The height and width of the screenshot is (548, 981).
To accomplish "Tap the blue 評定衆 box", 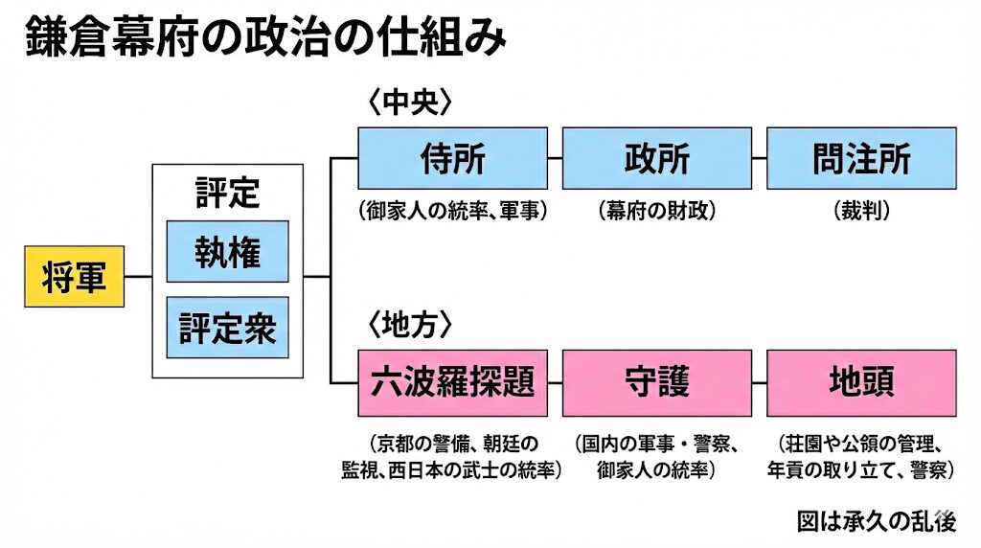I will coord(227,328).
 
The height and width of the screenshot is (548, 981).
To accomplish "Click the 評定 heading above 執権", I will coord(227,193).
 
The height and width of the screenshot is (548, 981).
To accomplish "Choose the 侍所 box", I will coord(452,158).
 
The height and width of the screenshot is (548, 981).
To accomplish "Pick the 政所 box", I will coord(656,158).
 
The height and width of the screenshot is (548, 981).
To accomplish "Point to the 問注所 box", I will coord(861,158).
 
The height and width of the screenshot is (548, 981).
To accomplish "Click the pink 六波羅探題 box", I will coord(452,382).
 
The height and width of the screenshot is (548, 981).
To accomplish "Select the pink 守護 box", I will coord(656,382).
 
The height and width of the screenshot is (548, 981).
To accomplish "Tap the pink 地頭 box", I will coord(861,382).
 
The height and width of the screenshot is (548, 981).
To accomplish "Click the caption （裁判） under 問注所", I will coord(861,211).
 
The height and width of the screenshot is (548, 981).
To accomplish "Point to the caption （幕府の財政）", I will coord(656,211).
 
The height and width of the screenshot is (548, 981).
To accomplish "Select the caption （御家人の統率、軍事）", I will coord(452,211).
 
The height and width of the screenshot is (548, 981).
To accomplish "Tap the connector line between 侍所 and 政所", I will coord(555,158).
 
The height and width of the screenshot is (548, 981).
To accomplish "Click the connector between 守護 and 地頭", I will coord(759,382).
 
